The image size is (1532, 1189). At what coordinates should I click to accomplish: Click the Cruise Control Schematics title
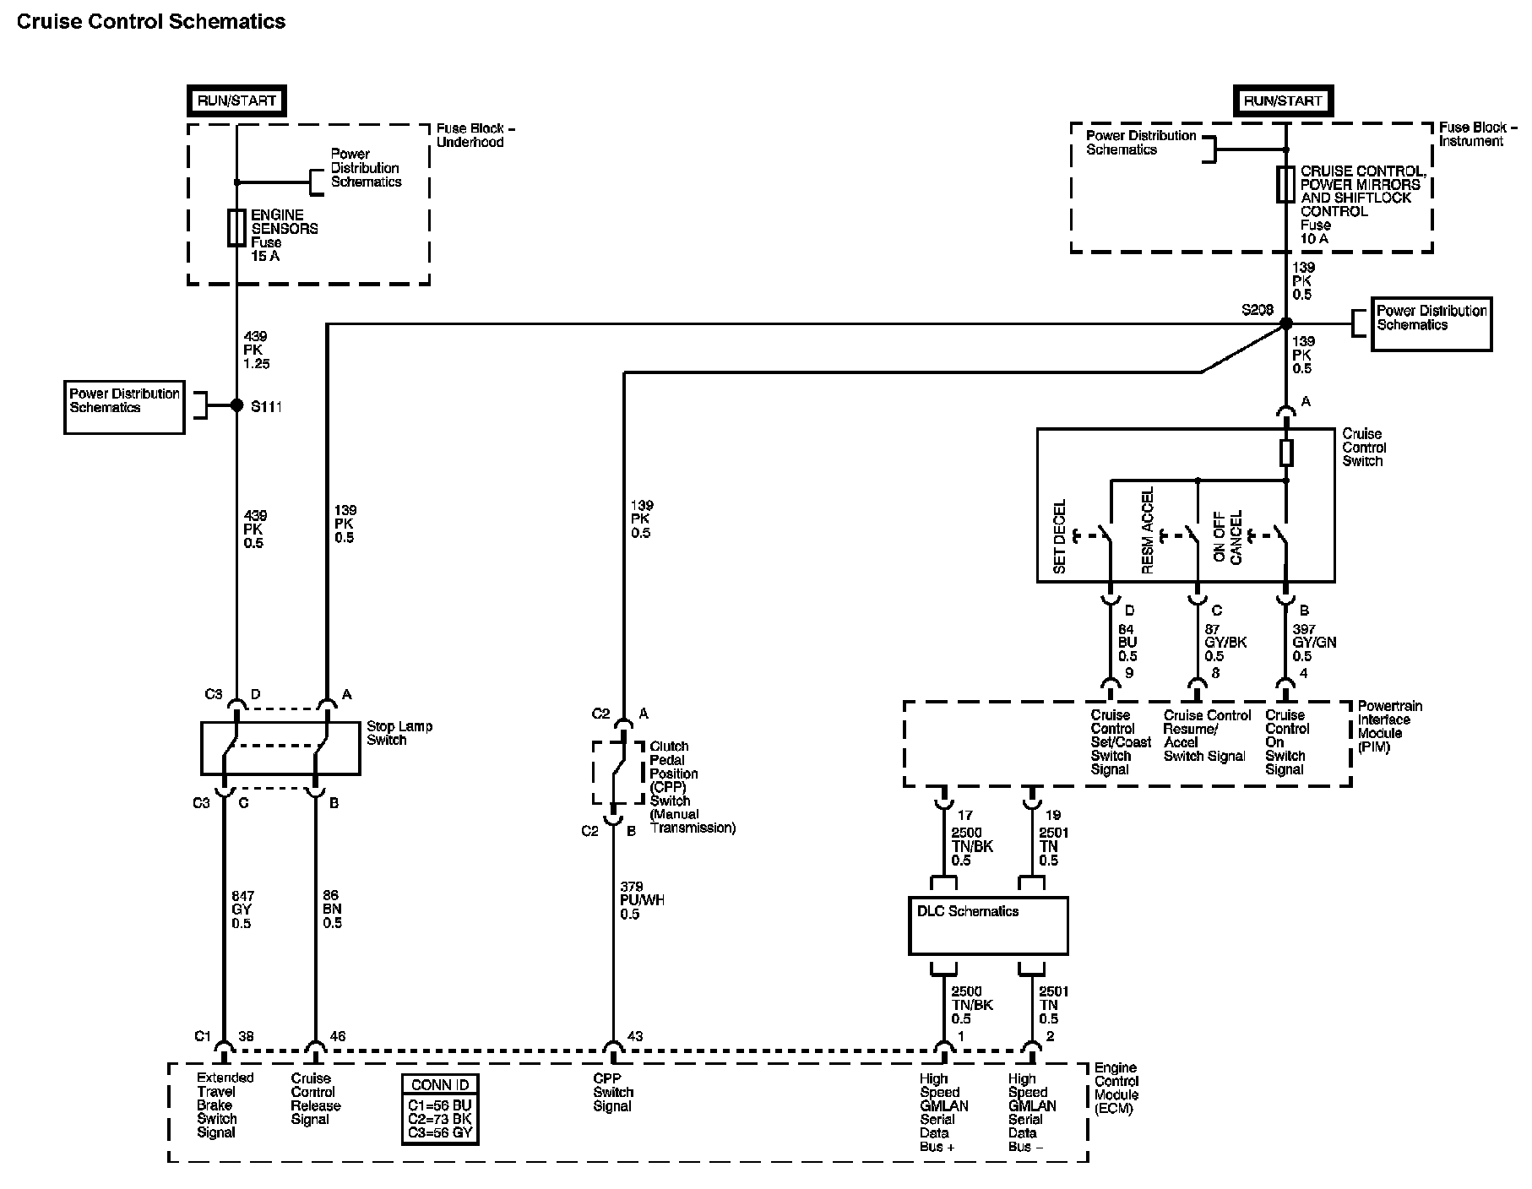point(151,22)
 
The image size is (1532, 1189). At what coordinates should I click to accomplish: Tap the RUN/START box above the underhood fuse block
point(236,100)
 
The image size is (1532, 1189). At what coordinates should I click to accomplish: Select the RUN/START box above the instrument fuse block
point(1283,100)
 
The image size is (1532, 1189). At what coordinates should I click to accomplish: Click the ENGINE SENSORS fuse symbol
point(236,228)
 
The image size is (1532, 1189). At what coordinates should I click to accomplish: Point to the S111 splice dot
point(236,406)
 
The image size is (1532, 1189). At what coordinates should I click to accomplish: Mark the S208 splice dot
point(1285,323)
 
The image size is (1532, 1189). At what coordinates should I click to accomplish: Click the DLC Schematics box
point(988,926)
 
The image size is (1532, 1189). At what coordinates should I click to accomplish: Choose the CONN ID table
point(439,1109)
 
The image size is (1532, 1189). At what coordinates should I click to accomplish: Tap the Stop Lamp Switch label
point(399,733)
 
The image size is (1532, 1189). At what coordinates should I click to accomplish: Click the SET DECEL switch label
point(1061,537)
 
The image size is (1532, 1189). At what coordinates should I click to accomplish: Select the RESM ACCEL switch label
point(1147,531)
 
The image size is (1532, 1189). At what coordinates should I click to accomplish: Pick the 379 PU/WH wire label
point(642,900)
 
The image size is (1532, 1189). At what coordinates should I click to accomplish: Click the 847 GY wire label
point(242,909)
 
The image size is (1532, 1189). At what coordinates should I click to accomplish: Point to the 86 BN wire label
point(332,909)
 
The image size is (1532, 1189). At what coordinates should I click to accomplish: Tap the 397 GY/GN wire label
point(1314,643)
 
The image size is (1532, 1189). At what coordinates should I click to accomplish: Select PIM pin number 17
point(965,816)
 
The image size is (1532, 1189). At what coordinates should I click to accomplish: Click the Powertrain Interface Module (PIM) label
point(1390,727)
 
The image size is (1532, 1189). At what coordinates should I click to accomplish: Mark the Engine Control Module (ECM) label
point(1116,1089)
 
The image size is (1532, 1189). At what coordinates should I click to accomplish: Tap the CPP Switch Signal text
point(612,1092)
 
